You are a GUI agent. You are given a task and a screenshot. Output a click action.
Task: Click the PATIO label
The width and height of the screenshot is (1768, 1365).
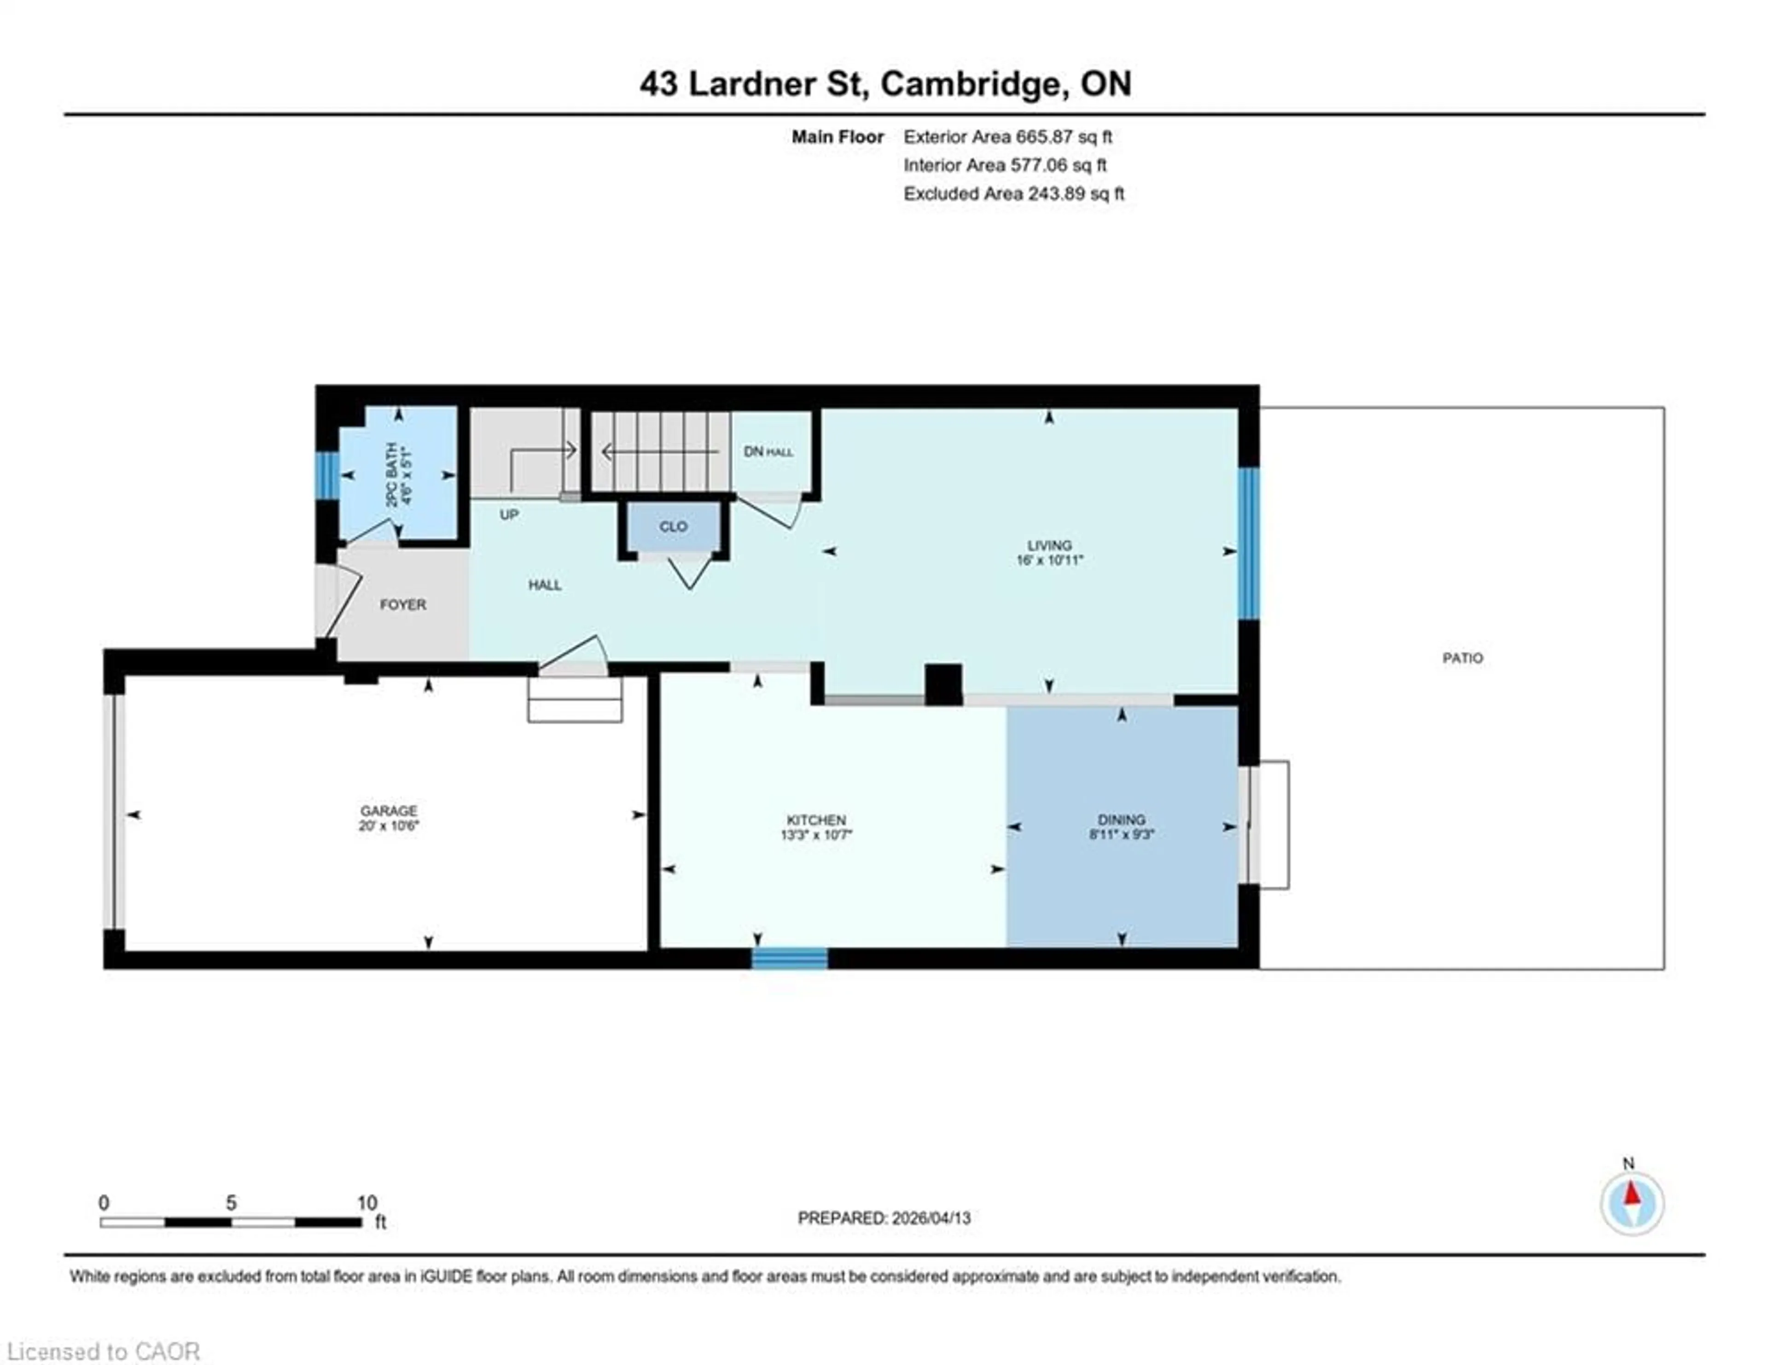[x=1462, y=658]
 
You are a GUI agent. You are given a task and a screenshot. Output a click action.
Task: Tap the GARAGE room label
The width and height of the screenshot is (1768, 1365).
[x=389, y=811]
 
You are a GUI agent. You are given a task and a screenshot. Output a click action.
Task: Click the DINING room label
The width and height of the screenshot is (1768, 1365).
[x=1121, y=819]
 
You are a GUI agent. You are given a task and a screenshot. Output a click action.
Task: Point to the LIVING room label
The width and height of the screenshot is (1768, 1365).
[x=1049, y=545]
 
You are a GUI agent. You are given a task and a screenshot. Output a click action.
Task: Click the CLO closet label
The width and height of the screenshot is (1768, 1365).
[x=673, y=526]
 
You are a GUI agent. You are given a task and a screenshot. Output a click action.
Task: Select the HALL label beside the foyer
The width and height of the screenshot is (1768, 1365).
[x=545, y=584]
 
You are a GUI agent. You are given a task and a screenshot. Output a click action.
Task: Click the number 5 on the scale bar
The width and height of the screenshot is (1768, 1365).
[x=231, y=1203]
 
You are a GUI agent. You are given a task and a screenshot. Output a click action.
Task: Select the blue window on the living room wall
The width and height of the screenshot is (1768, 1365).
[x=1249, y=543]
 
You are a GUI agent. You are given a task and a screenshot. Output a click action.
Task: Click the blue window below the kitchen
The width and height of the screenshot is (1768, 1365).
[x=789, y=958]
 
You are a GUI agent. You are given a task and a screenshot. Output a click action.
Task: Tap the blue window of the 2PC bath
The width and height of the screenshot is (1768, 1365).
[x=327, y=475]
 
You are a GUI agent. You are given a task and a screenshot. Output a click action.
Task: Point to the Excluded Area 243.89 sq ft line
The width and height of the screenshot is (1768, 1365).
[x=1013, y=193]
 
